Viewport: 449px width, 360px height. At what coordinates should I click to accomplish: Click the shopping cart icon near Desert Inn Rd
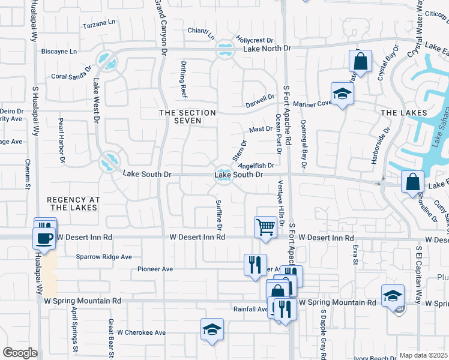[x=265, y=227]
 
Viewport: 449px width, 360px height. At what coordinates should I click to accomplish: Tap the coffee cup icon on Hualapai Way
[x=44, y=238]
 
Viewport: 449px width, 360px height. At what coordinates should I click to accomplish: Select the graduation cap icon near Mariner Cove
[x=342, y=94]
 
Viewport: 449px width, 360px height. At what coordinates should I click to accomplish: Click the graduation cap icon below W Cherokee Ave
[x=211, y=329]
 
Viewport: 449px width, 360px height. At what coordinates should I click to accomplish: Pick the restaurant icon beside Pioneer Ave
[x=255, y=264]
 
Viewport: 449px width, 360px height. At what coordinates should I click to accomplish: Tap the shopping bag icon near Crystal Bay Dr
[x=360, y=61]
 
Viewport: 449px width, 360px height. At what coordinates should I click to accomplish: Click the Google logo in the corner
[x=20, y=353]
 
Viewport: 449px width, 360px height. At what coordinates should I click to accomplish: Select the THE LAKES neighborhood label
[x=403, y=113]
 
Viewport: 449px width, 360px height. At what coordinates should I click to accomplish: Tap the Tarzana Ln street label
[x=99, y=23]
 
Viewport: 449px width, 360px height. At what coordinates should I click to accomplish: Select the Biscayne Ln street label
[x=59, y=52]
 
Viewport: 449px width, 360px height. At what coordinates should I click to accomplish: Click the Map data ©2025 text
[x=423, y=355]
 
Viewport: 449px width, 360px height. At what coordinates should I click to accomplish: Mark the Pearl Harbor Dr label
[x=61, y=140]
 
